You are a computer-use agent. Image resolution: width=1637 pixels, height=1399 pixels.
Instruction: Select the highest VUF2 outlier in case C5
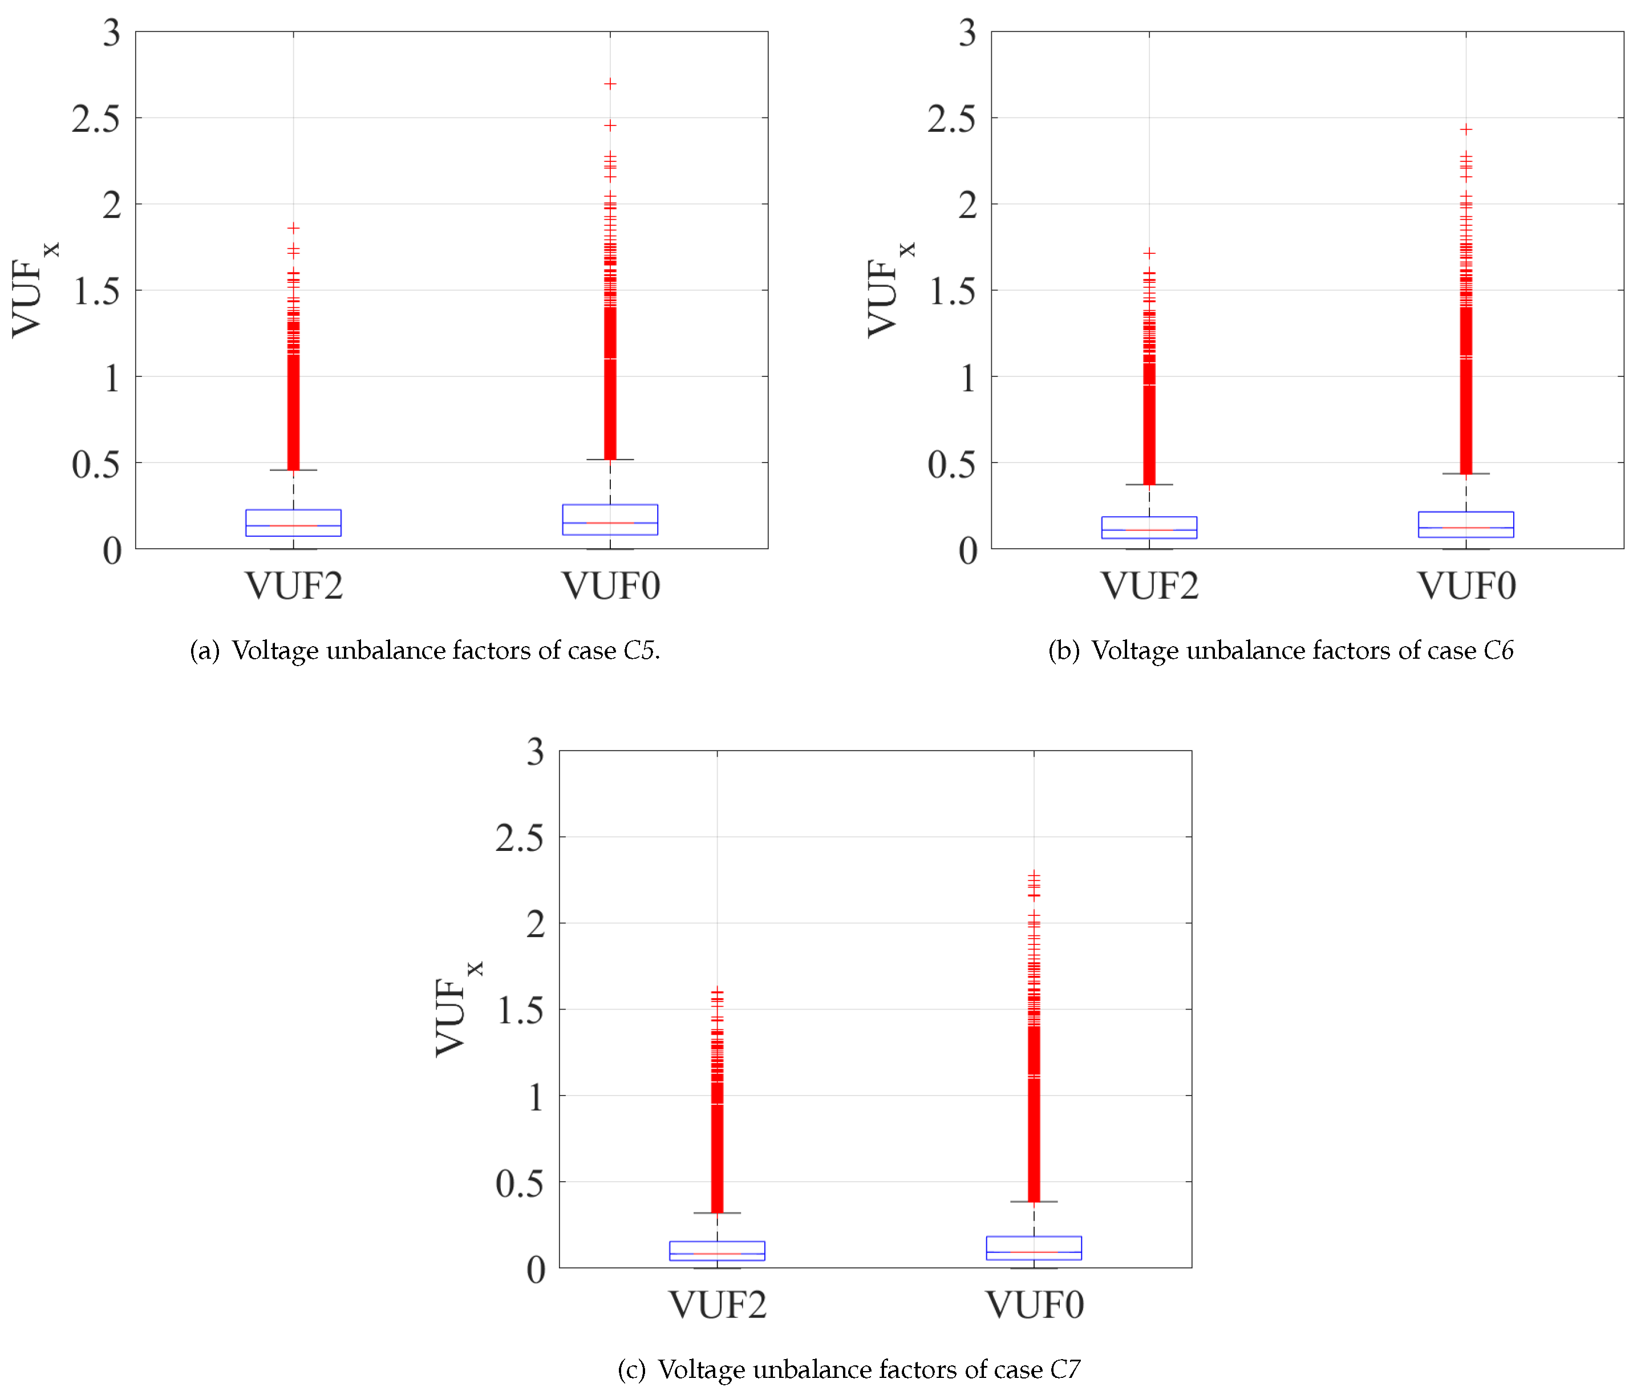click(293, 228)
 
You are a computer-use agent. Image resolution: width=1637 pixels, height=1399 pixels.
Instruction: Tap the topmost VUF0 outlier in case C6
click(1465, 129)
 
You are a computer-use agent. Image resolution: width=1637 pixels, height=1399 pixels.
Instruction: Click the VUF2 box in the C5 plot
click(293, 523)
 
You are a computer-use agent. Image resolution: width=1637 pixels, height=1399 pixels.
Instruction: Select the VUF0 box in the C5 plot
click(610, 520)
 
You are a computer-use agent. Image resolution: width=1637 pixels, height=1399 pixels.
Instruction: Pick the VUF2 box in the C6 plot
click(1149, 528)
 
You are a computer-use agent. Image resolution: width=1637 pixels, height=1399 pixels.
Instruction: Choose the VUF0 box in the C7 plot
click(1034, 1248)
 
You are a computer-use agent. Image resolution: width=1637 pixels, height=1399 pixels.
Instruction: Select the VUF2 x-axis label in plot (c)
click(718, 1305)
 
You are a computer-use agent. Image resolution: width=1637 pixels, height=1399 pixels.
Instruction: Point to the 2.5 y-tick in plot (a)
click(96, 119)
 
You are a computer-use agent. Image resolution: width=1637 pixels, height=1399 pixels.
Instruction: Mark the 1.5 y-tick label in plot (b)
click(951, 291)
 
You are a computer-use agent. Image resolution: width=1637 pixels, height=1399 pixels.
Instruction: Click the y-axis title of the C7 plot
click(457, 1009)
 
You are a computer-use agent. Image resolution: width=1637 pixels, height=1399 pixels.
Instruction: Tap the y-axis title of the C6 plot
click(890, 290)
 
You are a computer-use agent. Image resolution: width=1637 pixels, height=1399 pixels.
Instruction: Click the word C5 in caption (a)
click(639, 650)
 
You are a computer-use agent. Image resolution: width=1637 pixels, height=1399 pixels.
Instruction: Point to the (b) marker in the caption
click(1063, 651)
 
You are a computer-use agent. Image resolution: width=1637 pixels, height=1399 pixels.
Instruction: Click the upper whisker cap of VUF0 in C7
click(1034, 1202)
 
